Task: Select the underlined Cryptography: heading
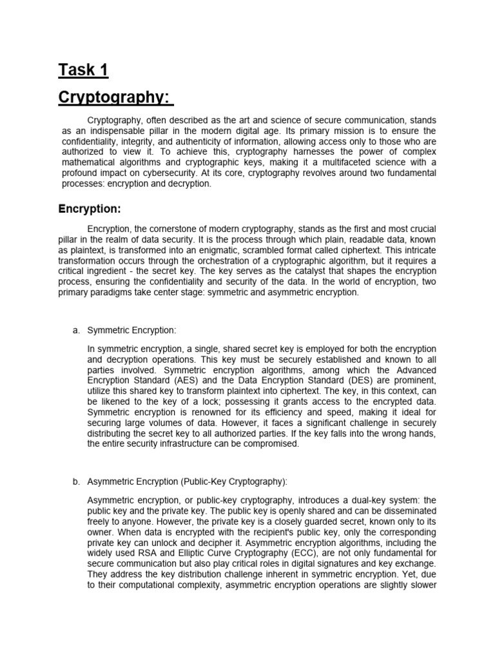point(116,97)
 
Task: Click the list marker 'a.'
point(75,330)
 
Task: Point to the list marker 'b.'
point(75,482)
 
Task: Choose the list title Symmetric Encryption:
point(131,330)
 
